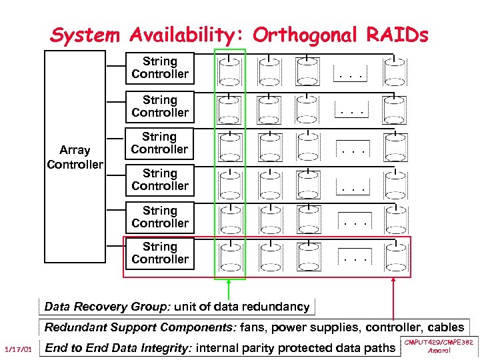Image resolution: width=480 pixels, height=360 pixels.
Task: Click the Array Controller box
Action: (74, 157)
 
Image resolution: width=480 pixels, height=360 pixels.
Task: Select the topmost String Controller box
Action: (160, 68)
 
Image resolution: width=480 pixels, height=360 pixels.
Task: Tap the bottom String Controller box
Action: (160, 254)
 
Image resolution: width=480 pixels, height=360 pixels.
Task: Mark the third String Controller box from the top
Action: (160, 143)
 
